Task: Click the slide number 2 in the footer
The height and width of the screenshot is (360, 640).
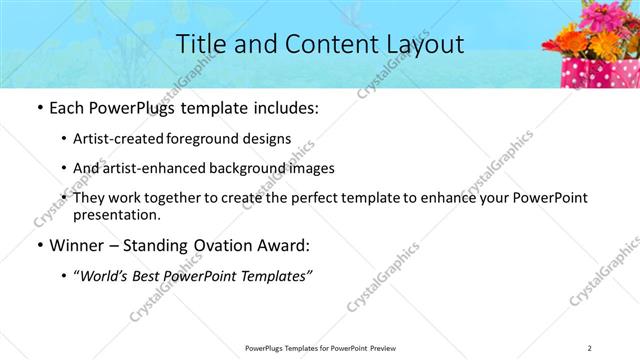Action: tap(590, 348)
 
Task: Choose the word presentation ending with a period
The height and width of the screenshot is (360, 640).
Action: tap(116, 214)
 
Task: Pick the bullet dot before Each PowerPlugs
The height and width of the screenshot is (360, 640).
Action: tap(38, 108)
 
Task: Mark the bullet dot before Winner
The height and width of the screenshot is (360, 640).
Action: tap(38, 245)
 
